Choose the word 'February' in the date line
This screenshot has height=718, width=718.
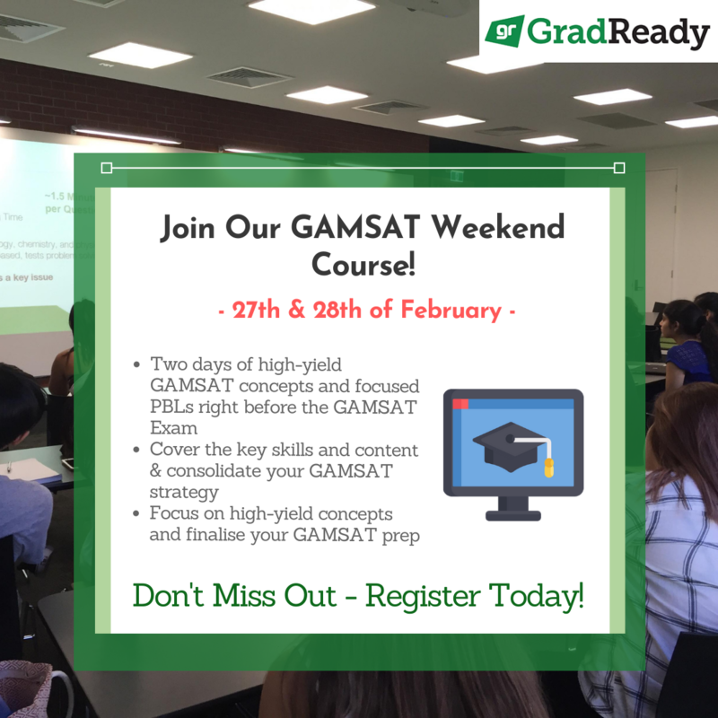click(451, 311)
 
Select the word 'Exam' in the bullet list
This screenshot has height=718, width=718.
click(173, 427)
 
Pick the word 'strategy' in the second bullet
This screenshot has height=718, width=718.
click(184, 491)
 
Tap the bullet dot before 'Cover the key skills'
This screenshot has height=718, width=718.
click(136, 450)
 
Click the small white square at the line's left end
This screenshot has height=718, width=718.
click(107, 167)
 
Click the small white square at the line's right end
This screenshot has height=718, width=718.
click(618, 167)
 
